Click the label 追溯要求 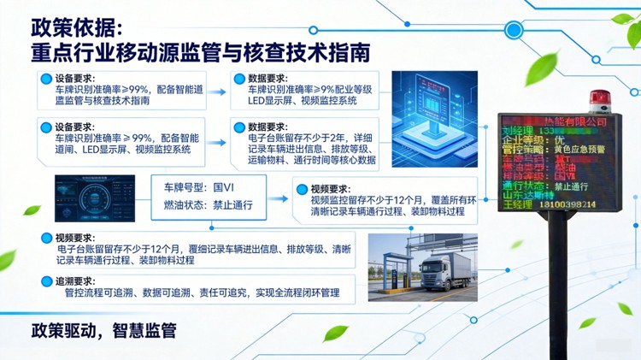[74, 280]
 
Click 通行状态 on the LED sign [525, 186]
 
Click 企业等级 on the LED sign [525, 137]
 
